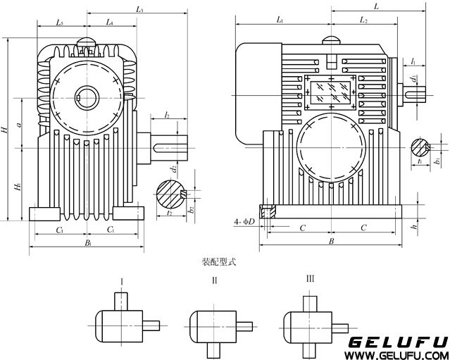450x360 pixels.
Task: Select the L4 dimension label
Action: click(110, 23)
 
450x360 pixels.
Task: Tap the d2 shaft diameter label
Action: click(172, 169)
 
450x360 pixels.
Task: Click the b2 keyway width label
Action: click(191, 210)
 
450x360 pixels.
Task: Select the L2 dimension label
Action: click(363, 21)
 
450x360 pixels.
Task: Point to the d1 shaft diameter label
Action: click(415, 79)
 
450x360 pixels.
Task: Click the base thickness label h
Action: click(415, 227)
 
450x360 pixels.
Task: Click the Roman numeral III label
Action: click(310, 280)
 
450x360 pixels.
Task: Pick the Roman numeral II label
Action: click(215, 280)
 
